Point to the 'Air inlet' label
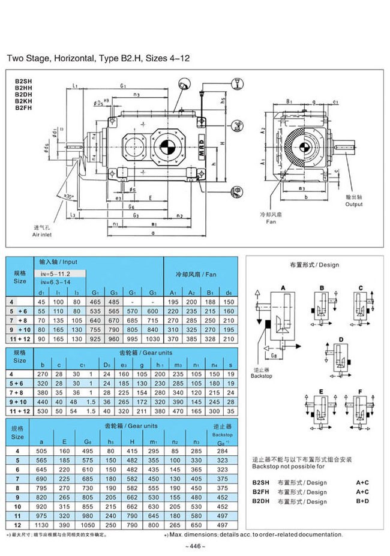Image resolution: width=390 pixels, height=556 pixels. coord(44,236)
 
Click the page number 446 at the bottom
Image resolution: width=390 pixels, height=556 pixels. coord(196,546)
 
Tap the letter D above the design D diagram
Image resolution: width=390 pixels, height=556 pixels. coord(341,339)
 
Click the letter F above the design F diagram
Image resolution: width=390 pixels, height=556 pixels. coord(360,392)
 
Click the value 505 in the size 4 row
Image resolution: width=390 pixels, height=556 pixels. coord(41,450)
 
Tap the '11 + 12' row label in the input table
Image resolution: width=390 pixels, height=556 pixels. coord(20,339)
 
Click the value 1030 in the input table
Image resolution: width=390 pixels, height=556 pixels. coord(152,339)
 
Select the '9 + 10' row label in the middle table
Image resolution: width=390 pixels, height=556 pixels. coord(20,401)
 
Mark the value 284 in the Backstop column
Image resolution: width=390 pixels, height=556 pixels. coord(222,450)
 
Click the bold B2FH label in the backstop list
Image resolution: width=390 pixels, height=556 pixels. coord(260,492)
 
